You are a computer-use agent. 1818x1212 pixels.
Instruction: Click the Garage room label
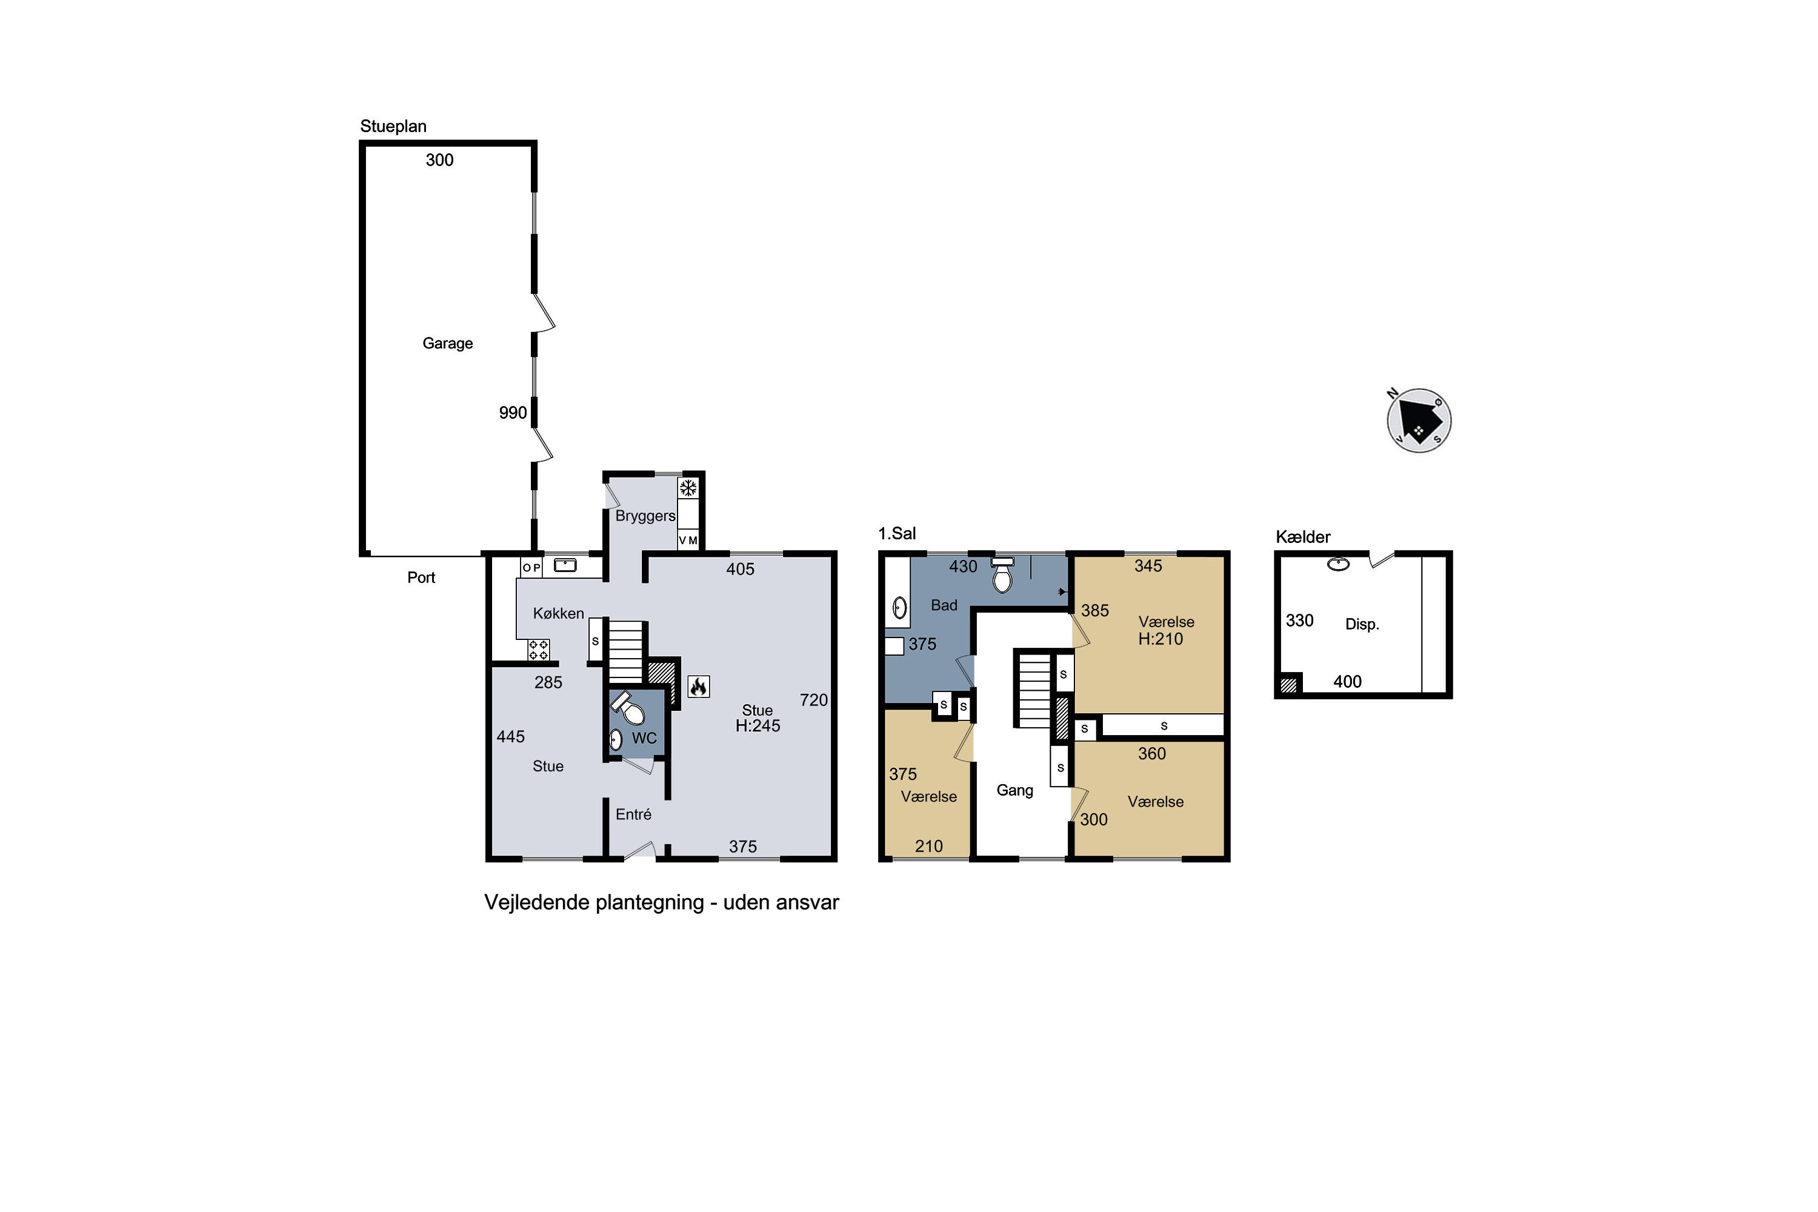(x=448, y=343)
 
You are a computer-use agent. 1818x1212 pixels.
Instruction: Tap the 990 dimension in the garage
(x=513, y=413)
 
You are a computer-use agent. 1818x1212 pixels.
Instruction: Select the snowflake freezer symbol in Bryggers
(x=688, y=488)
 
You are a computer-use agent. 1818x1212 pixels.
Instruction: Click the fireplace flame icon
(x=698, y=687)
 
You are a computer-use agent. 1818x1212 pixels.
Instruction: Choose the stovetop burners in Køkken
(x=539, y=650)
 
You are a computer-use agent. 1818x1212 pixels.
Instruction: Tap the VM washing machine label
(x=688, y=541)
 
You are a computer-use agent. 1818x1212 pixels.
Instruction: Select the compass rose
(x=1419, y=421)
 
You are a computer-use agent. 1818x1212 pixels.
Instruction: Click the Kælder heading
(x=1304, y=537)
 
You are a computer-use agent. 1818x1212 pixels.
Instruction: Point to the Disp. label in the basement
(x=1362, y=625)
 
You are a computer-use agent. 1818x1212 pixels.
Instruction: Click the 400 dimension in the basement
(x=1347, y=682)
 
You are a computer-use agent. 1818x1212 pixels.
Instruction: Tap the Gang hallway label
(x=1015, y=791)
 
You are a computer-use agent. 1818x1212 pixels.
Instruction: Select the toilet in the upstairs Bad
(x=1002, y=574)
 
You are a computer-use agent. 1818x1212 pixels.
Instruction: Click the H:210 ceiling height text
(x=1160, y=639)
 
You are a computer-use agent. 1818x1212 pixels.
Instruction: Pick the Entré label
(x=633, y=814)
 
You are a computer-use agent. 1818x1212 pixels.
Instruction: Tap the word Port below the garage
(x=421, y=578)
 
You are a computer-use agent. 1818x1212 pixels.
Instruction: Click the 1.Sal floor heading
(x=897, y=533)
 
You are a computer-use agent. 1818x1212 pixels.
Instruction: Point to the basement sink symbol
(x=1338, y=564)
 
